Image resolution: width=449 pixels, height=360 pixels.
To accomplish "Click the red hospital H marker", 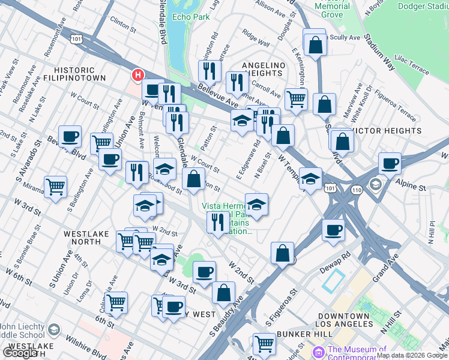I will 138,75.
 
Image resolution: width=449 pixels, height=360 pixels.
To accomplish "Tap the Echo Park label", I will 191,17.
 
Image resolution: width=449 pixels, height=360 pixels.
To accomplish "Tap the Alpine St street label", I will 412,187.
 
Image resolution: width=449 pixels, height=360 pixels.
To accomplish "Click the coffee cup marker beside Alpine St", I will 390,163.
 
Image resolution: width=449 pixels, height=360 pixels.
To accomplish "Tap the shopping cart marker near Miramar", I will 56,186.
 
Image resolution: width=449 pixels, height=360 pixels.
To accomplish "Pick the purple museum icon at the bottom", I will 318,350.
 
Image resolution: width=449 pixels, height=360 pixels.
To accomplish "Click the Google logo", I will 20,353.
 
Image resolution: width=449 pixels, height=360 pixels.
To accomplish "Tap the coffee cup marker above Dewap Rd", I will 333,230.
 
